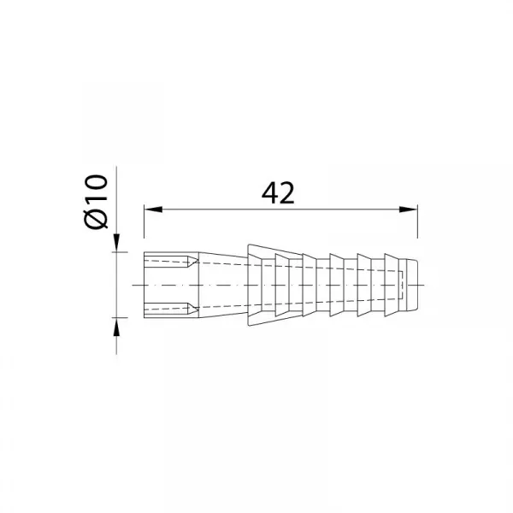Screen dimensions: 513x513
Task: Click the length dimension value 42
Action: [278, 193]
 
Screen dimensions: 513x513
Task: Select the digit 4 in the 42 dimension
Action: [269, 193]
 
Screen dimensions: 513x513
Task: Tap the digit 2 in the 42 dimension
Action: [287, 193]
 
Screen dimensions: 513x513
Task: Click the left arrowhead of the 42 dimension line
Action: [153, 209]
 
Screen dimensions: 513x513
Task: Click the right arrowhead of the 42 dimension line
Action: [409, 209]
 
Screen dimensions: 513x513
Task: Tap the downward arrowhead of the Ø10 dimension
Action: [117, 243]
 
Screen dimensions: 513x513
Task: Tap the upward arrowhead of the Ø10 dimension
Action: [116, 327]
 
